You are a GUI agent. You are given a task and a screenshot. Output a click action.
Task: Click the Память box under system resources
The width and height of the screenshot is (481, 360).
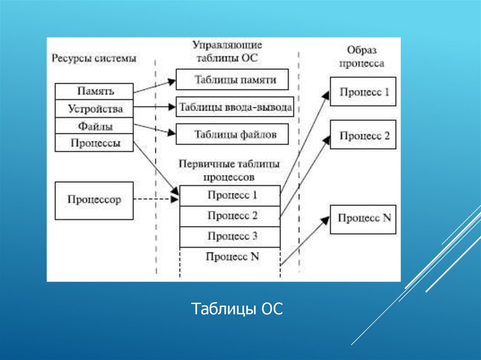tap(94, 91)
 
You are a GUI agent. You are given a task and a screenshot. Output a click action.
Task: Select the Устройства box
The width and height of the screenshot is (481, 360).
tap(94, 109)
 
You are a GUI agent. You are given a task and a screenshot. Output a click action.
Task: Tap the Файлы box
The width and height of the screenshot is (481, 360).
tap(94, 126)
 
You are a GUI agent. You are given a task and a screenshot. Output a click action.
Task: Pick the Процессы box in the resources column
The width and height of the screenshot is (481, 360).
tap(94, 143)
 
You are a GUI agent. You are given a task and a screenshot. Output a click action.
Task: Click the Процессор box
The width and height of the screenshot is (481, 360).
tap(94, 200)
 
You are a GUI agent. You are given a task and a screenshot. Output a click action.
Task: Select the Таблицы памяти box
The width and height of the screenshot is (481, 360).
tap(232, 79)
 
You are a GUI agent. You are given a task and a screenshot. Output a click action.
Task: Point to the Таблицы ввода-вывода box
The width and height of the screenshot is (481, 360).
tap(235, 107)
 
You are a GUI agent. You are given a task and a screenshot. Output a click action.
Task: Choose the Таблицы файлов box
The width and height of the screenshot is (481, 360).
tap(232, 135)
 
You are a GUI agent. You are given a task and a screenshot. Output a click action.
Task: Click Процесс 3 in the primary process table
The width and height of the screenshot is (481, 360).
tap(230, 237)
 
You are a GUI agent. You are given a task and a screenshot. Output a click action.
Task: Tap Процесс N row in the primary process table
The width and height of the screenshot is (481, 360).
tap(230, 257)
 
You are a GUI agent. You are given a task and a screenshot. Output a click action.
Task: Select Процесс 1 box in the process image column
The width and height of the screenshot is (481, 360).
tap(363, 92)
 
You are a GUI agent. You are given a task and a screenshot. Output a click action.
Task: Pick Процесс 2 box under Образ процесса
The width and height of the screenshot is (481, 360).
tap(363, 135)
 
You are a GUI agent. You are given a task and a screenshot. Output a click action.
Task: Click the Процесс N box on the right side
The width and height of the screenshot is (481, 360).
tap(363, 219)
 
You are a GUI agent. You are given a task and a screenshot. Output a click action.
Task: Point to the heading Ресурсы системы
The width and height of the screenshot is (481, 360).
tap(94, 59)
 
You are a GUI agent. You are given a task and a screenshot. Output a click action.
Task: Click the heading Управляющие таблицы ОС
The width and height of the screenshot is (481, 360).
tap(227, 52)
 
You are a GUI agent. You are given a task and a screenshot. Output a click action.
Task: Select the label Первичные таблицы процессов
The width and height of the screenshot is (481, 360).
tap(229, 170)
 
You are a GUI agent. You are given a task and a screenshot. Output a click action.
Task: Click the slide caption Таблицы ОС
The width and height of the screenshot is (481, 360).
tap(237, 309)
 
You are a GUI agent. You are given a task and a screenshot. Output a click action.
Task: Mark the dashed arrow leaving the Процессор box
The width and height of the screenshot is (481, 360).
tap(155, 199)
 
